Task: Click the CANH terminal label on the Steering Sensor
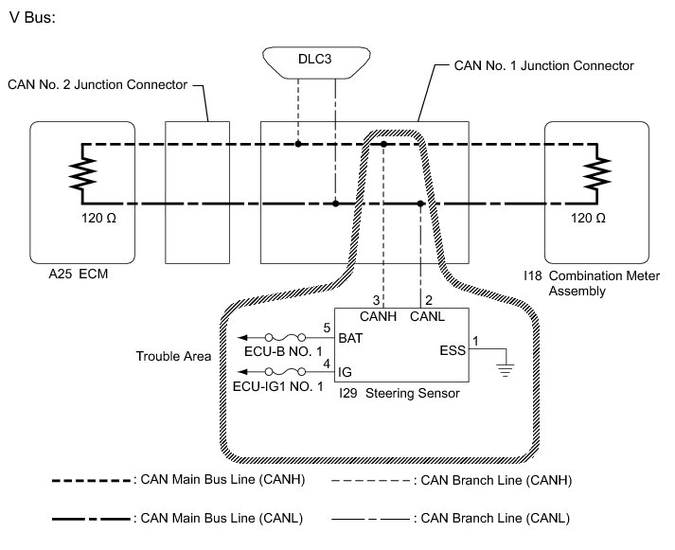(377, 316)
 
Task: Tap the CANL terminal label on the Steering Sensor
(427, 316)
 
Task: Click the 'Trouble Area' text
(172, 356)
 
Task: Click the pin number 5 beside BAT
(326, 328)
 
